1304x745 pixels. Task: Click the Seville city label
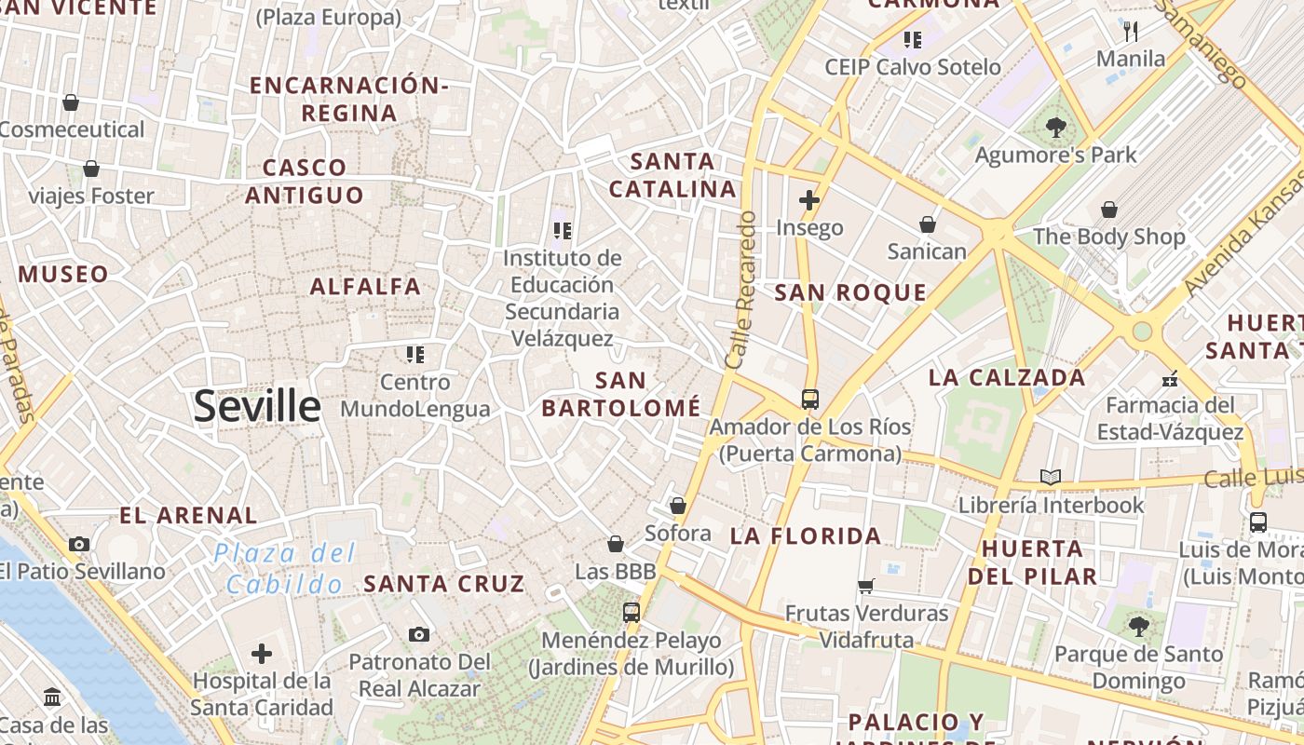[x=257, y=407]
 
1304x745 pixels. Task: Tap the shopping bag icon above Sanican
[x=928, y=223]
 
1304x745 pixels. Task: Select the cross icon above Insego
[x=808, y=199]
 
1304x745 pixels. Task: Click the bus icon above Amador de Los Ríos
[x=810, y=400]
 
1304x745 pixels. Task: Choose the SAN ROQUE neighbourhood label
[x=850, y=292]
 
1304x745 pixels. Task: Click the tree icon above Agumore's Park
[x=1055, y=128]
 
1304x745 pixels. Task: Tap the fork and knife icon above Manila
[x=1131, y=32]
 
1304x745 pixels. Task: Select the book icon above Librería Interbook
[x=1051, y=478]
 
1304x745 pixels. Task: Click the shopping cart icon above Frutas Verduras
[x=866, y=586]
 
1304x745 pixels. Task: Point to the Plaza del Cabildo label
[x=285, y=569]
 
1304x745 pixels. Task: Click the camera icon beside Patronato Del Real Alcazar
[x=419, y=634]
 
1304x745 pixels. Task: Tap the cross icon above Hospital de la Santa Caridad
[x=262, y=653]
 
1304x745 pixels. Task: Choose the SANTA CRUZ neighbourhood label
[x=444, y=584]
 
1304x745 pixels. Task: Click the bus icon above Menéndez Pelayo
[x=632, y=612]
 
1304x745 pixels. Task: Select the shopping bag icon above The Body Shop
[x=1108, y=210]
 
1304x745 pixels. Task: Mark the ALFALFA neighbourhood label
[x=365, y=287]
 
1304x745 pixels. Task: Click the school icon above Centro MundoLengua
[x=414, y=354]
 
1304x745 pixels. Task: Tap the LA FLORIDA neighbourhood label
[x=806, y=535]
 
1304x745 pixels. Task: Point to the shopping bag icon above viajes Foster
[x=91, y=169]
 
